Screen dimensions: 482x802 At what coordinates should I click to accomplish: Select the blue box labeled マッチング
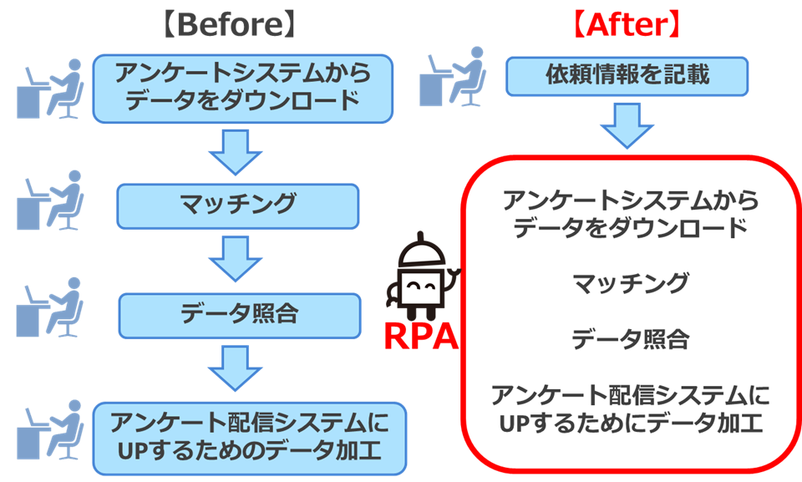237,205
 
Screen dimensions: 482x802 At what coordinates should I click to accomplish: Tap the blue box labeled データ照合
240,313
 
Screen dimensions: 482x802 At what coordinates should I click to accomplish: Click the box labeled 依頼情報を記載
627,76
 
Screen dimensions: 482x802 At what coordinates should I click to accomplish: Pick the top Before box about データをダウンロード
243,87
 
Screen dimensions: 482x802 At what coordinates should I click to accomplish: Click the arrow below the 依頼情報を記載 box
627,125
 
